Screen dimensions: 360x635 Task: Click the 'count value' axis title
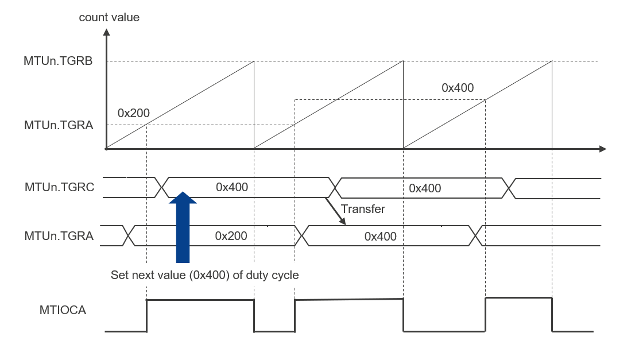109,17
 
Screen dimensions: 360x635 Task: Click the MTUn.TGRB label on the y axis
59,61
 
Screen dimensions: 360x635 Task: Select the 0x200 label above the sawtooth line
133,112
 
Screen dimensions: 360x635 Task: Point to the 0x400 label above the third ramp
458,88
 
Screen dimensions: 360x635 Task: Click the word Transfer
363,209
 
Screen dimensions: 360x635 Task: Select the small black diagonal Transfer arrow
336,211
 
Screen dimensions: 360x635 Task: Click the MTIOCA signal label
63,310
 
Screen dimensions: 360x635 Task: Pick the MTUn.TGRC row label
59,187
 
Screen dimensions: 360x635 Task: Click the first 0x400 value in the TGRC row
231,187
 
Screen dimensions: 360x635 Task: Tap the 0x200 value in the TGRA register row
231,235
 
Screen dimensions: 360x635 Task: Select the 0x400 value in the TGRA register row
381,236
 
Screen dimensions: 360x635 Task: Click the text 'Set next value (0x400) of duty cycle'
204,275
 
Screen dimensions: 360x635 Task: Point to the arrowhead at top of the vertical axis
106,33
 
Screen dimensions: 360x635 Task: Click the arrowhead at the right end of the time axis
602,149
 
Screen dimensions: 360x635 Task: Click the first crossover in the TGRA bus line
130,235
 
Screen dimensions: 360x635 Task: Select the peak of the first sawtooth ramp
254,61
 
